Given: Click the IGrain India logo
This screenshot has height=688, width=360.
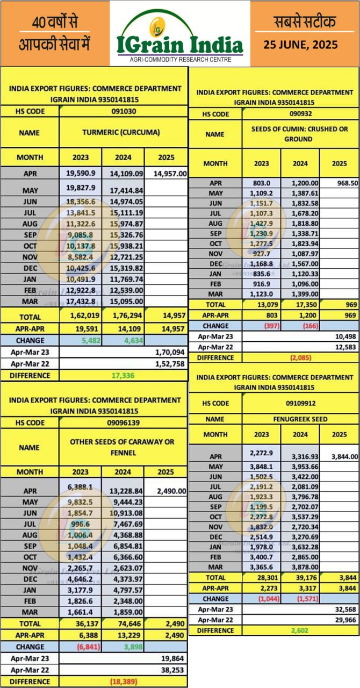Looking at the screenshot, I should [x=180, y=33].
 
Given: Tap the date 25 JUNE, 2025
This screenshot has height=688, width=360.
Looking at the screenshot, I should [x=304, y=44].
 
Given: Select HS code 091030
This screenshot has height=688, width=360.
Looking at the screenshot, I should [x=123, y=111].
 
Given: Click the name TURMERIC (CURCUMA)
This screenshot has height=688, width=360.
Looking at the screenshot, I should [x=123, y=133].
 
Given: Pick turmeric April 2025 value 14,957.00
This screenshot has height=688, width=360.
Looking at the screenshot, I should [x=166, y=174].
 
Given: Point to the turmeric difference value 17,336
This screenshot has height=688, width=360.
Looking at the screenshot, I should [x=124, y=375].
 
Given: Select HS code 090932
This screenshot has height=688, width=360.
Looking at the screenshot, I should [x=300, y=114].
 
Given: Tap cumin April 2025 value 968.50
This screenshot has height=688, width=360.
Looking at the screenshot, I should [x=339, y=183].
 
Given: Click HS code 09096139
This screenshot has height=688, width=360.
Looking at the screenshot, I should [x=123, y=423].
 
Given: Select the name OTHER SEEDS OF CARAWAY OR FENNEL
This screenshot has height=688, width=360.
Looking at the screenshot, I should [x=123, y=447].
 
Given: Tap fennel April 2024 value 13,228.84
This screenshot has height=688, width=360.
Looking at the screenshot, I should [x=123, y=491].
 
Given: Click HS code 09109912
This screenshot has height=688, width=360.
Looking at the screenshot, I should [x=300, y=403].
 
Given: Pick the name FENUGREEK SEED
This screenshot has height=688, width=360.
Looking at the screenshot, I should [x=300, y=419].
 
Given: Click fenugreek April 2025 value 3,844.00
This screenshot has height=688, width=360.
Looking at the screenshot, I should [x=339, y=456].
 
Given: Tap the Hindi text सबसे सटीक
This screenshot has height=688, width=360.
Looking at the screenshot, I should [x=304, y=23].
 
